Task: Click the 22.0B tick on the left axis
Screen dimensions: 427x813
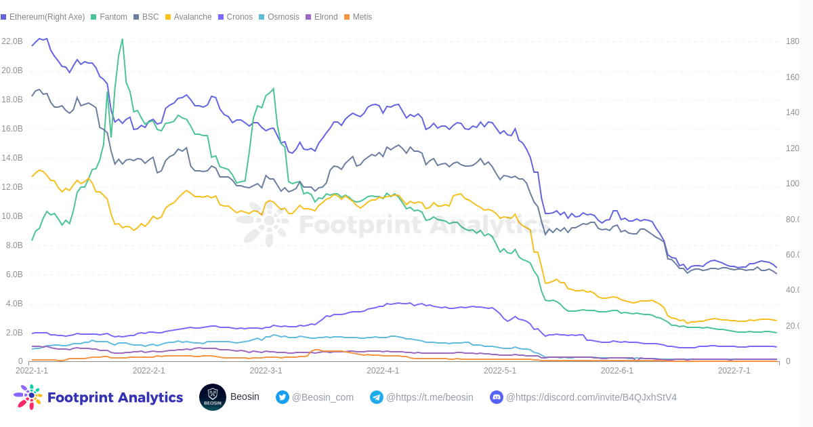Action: [x=12, y=41]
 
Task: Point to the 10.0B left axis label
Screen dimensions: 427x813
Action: [x=12, y=216]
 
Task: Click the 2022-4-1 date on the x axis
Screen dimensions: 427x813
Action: [x=383, y=371]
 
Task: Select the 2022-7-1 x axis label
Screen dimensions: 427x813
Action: [x=734, y=371]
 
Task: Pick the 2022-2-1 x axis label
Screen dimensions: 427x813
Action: [x=148, y=371]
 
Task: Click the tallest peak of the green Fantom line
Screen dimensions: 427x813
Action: [x=122, y=39]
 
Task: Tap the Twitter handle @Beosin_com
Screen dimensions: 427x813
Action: [x=322, y=397]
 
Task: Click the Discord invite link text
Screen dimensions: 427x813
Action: [x=591, y=397]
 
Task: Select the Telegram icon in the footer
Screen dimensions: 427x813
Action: [x=377, y=397]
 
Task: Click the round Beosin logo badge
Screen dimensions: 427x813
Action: [x=213, y=397]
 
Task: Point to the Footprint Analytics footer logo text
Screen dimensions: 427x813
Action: [x=114, y=397]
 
